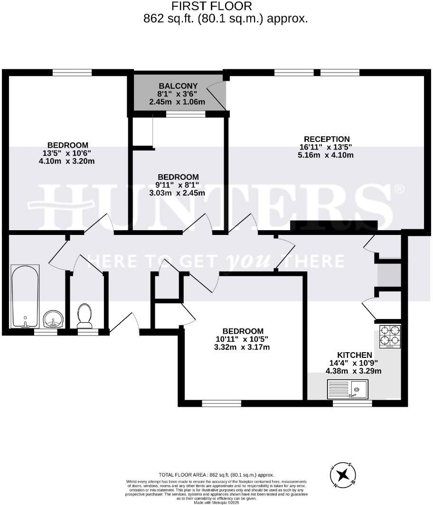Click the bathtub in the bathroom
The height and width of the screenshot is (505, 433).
tap(25, 296)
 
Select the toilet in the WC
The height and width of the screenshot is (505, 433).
tap(85, 316)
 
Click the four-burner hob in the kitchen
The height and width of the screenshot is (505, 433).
tap(390, 336)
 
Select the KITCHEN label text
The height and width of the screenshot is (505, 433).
tap(354, 355)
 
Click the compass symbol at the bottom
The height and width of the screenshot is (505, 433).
tap(343, 474)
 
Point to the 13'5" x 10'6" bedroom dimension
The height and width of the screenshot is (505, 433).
tap(67, 153)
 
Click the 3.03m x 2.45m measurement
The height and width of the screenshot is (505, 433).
tap(178, 193)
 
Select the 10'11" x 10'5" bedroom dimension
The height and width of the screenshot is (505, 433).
tap(243, 339)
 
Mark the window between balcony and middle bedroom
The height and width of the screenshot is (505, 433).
tap(186, 114)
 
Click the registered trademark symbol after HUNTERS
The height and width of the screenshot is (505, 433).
tap(400, 189)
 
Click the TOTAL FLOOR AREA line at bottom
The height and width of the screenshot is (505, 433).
tap(216, 475)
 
